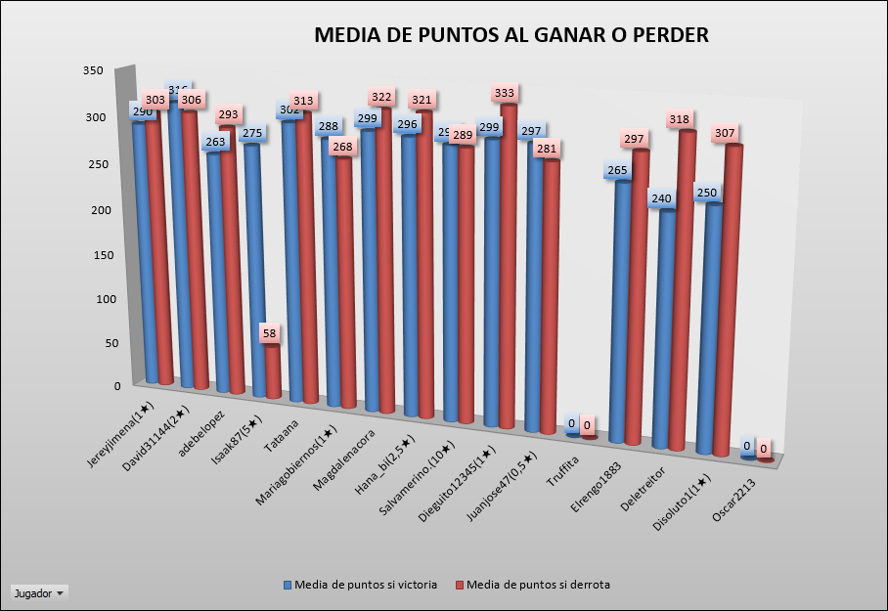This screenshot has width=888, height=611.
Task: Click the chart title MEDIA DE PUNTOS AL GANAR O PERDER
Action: pyautogui.click(x=511, y=36)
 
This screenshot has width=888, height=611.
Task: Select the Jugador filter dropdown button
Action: pyautogui.click(x=39, y=593)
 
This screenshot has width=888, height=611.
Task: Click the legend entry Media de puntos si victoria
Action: pyautogui.click(x=361, y=585)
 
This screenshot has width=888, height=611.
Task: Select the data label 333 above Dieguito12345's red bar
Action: pyautogui.click(x=505, y=93)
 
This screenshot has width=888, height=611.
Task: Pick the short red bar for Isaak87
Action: pyautogui.click(x=273, y=372)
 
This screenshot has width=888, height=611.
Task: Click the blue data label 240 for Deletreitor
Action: pyautogui.click(x=662, y=198)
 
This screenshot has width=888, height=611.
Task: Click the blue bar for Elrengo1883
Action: pyautogui.click(x=623, y=313)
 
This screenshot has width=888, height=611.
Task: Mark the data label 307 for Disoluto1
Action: pyautogui.click(x=725, y=133)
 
